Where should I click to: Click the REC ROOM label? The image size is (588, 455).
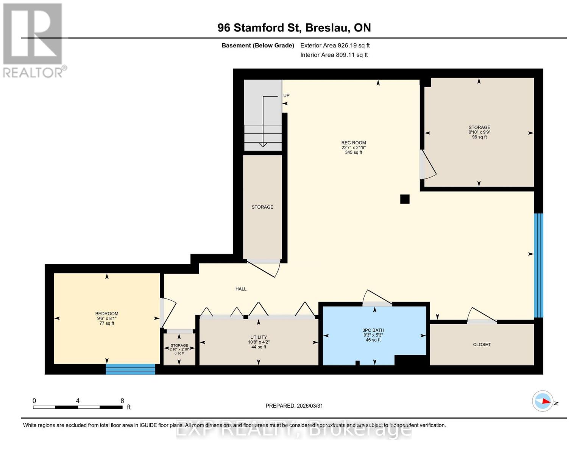click(x=353, y=143)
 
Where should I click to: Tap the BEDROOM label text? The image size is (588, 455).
click(x=106, y=314)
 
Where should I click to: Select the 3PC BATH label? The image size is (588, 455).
click(x=373, y=330)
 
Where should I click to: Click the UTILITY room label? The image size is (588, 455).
click(x=259, y=337)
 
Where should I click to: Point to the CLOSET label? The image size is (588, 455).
click(x=482, y=345)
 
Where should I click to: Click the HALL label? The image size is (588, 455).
click(x=241, y=289)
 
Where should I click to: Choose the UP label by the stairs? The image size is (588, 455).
click(x=286, y=96)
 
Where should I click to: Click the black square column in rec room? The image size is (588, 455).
click(x=405, y=199)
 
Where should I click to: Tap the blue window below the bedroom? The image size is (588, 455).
click(x=130, y=369)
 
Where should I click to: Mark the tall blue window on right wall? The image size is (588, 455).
click(x=538, y=265)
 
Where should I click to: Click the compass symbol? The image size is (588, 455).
click(x=543, y=401)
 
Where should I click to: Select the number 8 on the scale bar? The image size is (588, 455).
click(x=122, y=401)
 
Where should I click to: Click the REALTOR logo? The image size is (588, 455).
click(x=33, y=40)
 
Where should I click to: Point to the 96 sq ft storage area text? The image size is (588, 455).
click(x=479, y=137)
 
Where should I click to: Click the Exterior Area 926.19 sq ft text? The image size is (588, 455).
click(x=335, y=45)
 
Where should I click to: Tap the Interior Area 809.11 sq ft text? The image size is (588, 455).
click(x=334, y=55)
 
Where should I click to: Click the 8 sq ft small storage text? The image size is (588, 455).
click(x=179, y=353)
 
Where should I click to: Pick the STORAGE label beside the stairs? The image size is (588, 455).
click(x=262, y=207)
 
